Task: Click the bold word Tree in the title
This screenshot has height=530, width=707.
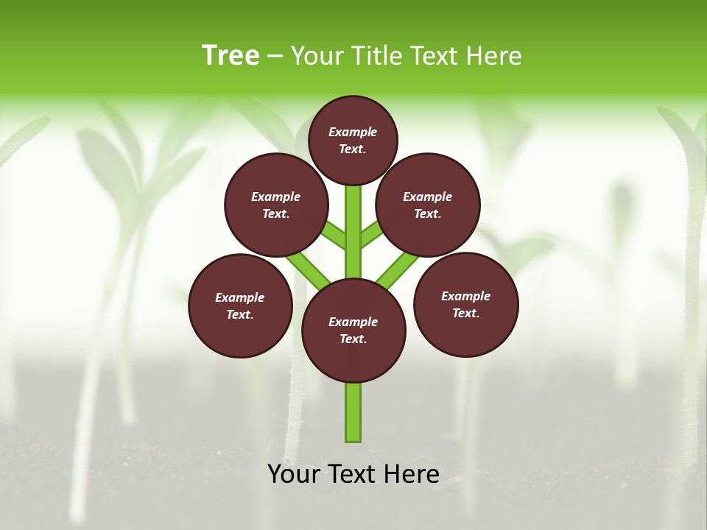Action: click(231, 55)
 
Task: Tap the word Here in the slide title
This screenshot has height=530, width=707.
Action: click(493, 56)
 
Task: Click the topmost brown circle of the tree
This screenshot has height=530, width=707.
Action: click(353, 140)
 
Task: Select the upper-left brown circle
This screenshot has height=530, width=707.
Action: click(275, 205)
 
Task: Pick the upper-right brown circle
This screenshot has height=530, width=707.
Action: click(428, 205)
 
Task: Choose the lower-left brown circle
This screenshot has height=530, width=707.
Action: click(240, 305)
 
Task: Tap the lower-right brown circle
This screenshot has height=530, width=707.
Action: click(465, 304)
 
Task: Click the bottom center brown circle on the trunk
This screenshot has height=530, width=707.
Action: click(353, 331)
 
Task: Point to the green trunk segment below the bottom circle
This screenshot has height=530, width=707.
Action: click(353, 412)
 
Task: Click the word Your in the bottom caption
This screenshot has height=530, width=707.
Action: click(295, 474)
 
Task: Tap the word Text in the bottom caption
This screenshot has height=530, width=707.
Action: click(355, 474)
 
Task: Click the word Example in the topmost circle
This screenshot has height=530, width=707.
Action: click(353, 132)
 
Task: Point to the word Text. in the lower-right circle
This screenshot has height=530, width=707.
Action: click(465, 313)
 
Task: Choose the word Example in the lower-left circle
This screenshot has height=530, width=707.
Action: click(239, 297)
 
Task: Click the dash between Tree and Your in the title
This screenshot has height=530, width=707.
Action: click(275, 57)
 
